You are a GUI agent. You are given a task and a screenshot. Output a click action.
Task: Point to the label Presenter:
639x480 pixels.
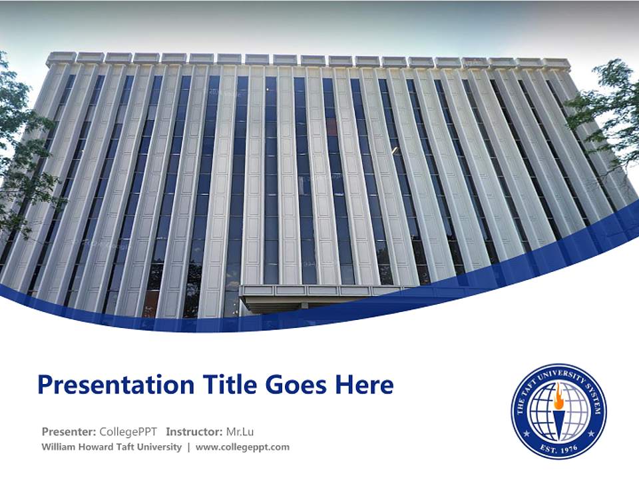(x=69, y=431)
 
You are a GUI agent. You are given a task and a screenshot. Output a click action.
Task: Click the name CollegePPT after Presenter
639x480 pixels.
(x=128, y=431)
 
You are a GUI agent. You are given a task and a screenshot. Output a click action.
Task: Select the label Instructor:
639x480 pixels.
(x=194, y=431)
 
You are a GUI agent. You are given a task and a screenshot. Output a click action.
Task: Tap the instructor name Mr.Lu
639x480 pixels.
(x=240, y=431)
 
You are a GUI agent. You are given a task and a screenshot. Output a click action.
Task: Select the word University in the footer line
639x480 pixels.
(x=160, y=447)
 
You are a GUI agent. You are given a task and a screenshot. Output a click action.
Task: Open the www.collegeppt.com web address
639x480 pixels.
(x=242, y=447)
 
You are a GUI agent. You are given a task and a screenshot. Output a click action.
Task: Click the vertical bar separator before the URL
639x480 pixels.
(x=188, y=447)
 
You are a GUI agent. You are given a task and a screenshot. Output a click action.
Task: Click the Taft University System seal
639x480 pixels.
(x=559, y=411)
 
